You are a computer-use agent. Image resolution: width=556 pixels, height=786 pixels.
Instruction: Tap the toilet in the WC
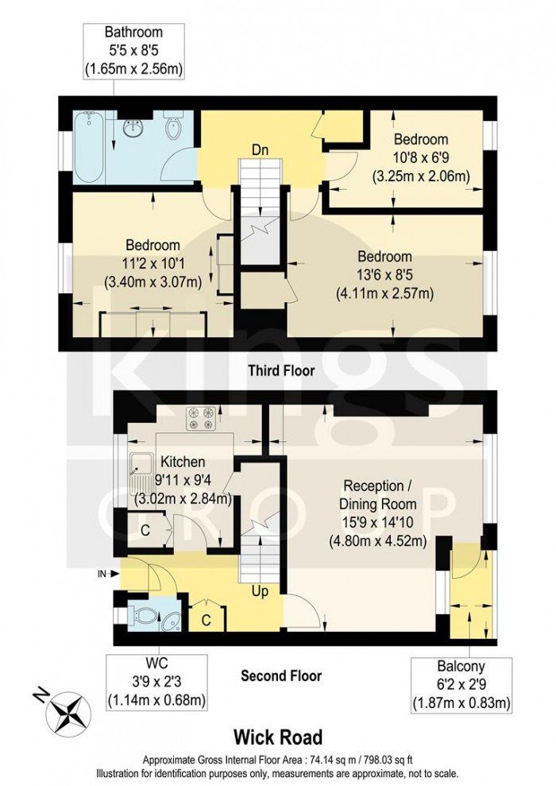(145, 615)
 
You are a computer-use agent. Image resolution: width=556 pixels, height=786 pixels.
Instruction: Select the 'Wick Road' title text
(277, 738)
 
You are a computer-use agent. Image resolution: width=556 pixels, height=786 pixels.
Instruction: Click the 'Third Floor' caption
(281, 370)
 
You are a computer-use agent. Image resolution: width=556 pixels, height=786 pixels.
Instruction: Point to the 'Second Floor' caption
(281, 676)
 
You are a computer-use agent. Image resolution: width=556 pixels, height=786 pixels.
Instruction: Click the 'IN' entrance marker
(102, 571)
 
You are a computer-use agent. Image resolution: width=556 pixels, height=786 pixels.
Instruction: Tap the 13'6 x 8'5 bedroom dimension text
(384, 275)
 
